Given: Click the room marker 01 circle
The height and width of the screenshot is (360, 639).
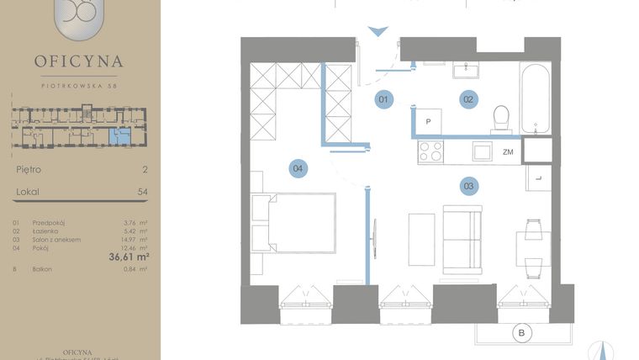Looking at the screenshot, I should pos(383,100).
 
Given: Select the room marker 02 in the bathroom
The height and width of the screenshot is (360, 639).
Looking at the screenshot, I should pos(467,100).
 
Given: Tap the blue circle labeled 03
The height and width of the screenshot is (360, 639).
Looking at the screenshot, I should pos(468,185).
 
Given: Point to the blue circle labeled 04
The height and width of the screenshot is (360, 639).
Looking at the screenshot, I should pos(298,168).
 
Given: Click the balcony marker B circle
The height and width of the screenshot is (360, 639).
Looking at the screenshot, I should pos(522,334).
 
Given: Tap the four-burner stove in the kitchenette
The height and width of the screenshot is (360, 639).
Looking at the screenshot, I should pos(430,151).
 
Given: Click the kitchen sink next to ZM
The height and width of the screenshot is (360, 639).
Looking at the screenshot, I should pos(482,151).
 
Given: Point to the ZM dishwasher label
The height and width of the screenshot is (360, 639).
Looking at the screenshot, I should pos(508,152).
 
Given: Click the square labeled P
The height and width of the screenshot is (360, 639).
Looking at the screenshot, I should pos(429,121).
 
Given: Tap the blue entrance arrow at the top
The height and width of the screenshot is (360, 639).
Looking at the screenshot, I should pos(379,33).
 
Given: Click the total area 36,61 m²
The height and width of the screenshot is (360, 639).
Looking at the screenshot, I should pos(129,257).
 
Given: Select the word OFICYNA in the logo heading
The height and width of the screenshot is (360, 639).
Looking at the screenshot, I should pos(79,61).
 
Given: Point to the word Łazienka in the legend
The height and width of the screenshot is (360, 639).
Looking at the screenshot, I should pos(46,230).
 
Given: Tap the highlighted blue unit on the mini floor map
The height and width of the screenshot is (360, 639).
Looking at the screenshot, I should pos(121,134).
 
